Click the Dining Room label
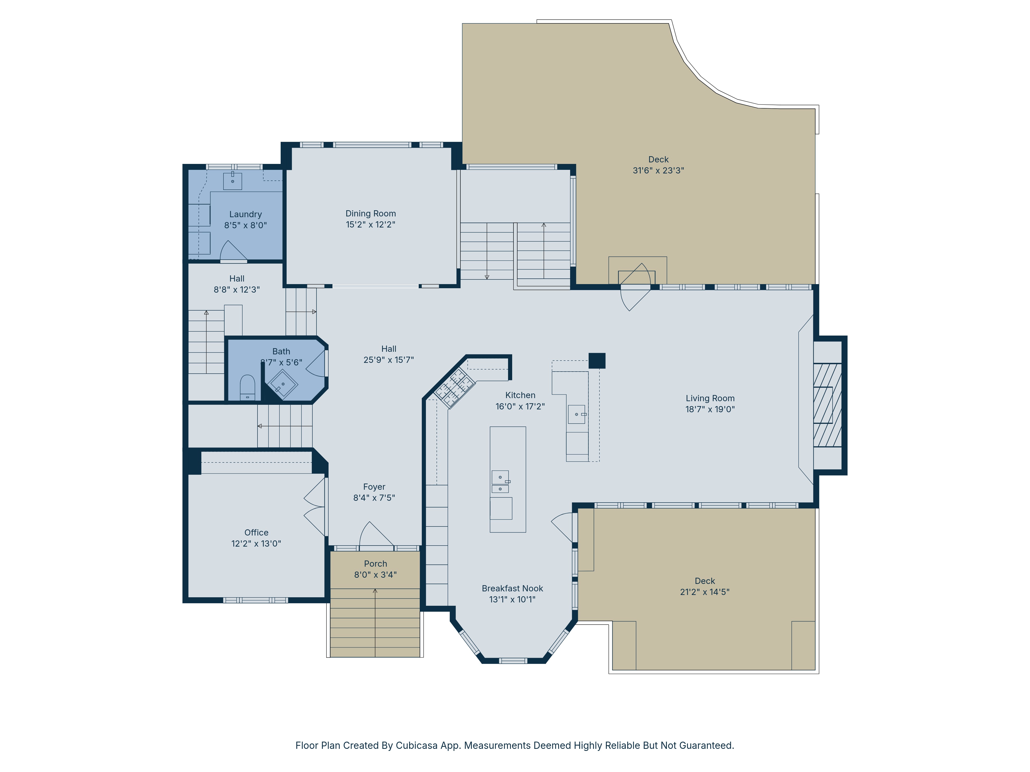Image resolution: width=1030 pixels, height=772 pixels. pyautogui.click(x=370, y=214)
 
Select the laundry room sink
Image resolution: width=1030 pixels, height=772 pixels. pyautogui.click(x=232, y=181)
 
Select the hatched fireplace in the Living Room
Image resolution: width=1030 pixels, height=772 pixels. pyautogui.click(x=827, y=405)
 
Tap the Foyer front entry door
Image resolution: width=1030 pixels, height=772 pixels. pyautogui.click(x=375, y=535)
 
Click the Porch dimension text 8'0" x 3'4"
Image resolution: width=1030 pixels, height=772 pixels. pyautogui.click(x=375, y=575)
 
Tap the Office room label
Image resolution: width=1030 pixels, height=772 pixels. pyautogui.click(x=256, y=532)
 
